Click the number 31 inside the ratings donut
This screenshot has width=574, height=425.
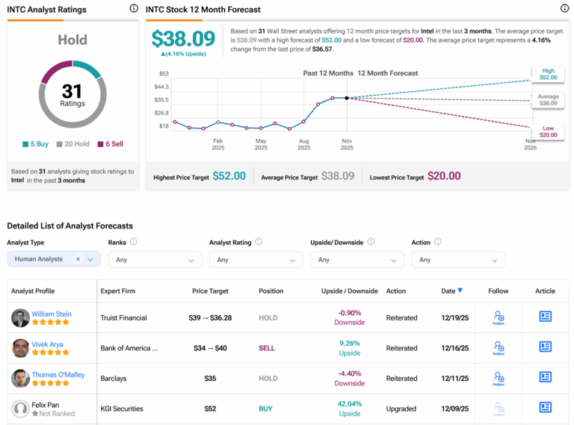point(72,91)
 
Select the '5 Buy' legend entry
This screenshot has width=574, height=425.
point(36,143)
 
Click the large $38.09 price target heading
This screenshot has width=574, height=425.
point(183,39)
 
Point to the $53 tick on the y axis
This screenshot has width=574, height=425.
point(164,73)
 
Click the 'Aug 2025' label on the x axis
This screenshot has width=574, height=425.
point(303,144)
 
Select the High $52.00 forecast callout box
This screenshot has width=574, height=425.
point(548,74)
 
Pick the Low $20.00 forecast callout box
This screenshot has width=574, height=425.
point(548,132)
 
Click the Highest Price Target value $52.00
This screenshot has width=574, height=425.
point(229,176)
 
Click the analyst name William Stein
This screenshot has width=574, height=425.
point(52,314)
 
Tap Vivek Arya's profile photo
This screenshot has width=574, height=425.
point(20,348)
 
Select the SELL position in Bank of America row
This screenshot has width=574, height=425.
point(267,348)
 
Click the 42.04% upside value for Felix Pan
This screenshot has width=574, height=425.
point(349,404)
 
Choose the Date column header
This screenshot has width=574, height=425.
point(451,291)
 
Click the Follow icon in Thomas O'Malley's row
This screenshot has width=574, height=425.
point(499,379)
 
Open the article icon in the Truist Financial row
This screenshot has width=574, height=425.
point(545,317)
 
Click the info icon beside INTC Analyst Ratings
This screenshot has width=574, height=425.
point(134,9)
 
